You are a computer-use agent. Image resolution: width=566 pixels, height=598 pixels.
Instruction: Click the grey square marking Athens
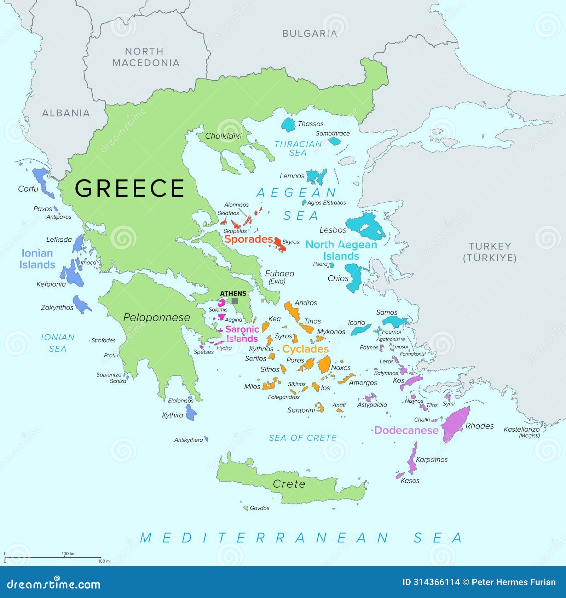pyautogui.click(x=235, y=301)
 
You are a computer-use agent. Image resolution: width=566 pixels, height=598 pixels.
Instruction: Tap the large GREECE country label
pyautogui.click(x=129, y=188)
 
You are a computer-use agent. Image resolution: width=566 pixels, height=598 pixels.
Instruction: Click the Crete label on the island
pyautogui.click(x=289, y=484)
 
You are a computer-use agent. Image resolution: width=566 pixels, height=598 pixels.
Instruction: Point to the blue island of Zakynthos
pyautogui.click(x=82, y=305)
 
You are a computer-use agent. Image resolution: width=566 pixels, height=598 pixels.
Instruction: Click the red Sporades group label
pyautogui.click(x=249, y=239)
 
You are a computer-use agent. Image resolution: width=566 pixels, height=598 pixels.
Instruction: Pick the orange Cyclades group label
pyautogui.click(x=305, y=349)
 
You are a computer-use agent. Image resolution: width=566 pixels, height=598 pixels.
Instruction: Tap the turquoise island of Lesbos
pyautogui.click(x=366, y=226)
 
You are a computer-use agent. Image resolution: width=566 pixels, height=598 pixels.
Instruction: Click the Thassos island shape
pyautogui.click(x=288, y=125)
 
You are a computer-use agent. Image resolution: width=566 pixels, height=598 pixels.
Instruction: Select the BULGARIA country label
pyautogui.click(x=309, y=34)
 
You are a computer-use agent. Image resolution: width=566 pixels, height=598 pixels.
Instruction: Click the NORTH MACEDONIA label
pyautogui.click(x=146, y=57)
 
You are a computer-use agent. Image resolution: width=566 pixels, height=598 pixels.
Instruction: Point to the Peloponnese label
pyautogui.click(x=156, y=317)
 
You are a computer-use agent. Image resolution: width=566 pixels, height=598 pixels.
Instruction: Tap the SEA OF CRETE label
pyautogui.click(x=302, y=438)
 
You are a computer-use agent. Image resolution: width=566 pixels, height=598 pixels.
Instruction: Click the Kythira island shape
pyautogui.click(x=191, y=413)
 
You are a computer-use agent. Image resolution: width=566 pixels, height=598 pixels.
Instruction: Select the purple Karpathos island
pyautogui.click(x=412, y=460)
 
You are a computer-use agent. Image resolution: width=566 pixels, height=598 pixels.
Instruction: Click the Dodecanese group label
pyautogui.click(x=406, y=430)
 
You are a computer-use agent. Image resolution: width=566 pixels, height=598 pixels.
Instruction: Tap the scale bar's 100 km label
pyautogui.click(x=69, y=554)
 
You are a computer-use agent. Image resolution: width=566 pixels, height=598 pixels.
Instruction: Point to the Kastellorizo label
pyautogui.click(x=521, y=429)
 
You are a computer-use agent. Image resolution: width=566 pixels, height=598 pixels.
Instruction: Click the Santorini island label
pyautogui.click(x=301, y=410)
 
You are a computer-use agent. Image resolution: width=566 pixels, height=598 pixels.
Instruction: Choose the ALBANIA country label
pyautogui.click(x=66, y=113)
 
